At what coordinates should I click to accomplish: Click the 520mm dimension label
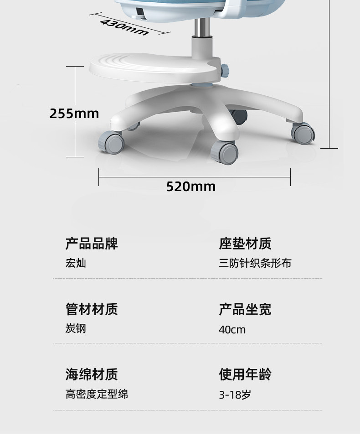[x=190, y=187]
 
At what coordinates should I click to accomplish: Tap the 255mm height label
[x=74, y=114]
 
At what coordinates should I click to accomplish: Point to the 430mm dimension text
[x=124, y=27]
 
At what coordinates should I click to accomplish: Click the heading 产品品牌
[x=92, y=244]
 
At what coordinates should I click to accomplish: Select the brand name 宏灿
[x=76, y=263]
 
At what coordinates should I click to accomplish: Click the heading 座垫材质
[x=245, y=244]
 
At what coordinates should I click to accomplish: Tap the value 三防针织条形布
[x=255, y=263]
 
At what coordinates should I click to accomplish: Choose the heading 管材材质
[x=92, y=309]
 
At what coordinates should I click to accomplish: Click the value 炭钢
[x=76, y=329]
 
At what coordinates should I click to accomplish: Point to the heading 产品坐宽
[x=245, y=309]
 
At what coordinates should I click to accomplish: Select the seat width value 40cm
[x=232, y=329]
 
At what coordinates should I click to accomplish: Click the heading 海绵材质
[x=92, y=374]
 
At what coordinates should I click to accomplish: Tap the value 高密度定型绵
[x=97, y=394]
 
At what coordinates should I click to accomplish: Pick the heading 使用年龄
[x=245, y=374]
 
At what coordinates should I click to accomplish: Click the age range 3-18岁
[x=235, y=394]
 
